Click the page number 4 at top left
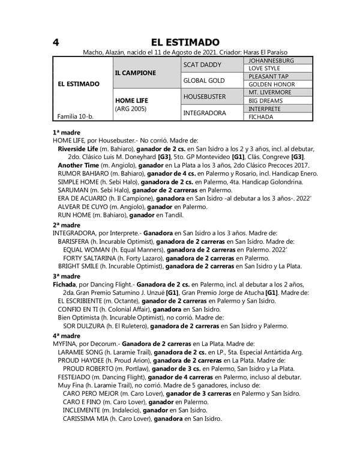(x=55, y=42)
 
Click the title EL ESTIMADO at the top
(x=185, y=42)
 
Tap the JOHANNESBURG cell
(x=271, y=61)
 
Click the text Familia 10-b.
(x=76, y=116)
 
